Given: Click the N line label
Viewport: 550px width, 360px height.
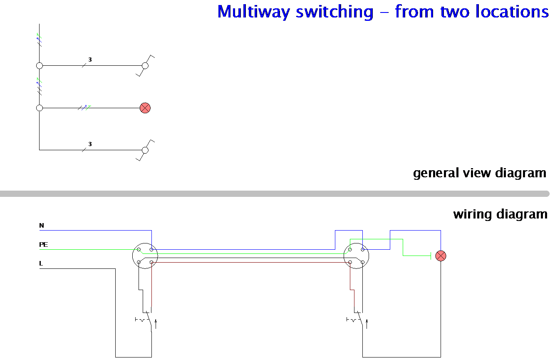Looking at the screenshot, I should pos(41,226).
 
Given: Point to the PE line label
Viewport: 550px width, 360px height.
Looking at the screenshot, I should pos(43,245).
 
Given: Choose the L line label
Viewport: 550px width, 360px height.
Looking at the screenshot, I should pos(41,263).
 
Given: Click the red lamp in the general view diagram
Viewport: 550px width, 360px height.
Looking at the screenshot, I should pos(145,108).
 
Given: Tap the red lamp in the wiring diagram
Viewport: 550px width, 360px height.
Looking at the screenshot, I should pos(441,256).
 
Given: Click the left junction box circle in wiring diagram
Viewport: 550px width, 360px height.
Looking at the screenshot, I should pos(145,256).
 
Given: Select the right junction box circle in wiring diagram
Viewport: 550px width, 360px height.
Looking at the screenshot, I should pos(357,256).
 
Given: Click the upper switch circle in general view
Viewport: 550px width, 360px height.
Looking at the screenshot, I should pos(145,66).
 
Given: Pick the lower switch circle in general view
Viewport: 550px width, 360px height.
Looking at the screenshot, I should pos(145,150).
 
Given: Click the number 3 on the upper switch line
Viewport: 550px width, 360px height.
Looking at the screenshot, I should pos(90,60).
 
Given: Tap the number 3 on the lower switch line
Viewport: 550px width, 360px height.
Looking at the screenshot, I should pos(90,144).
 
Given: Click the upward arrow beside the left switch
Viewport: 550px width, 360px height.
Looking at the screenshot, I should pos(156,324).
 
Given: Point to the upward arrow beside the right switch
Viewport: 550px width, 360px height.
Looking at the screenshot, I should pos(367,324).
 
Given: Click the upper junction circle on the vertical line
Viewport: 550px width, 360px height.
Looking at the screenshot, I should pos(40,66).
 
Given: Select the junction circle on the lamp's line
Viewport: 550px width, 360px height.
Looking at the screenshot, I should pos(40,108).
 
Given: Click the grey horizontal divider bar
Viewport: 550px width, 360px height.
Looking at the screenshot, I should pos(275,194).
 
